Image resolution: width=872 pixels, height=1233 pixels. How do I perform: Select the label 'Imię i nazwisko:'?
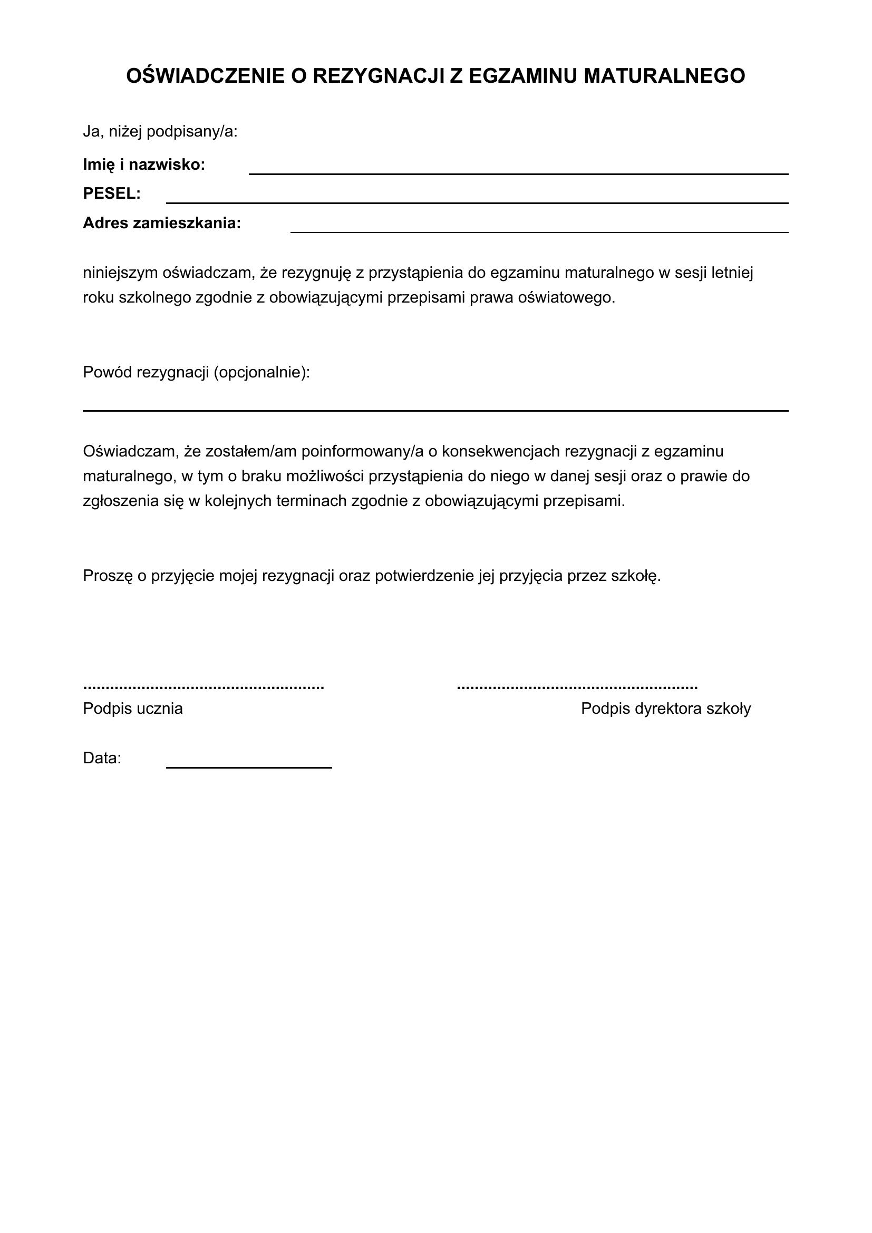144,165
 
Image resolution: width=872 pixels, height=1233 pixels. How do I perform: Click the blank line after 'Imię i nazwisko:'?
518,173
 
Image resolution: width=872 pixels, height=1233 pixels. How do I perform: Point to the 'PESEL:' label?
112,194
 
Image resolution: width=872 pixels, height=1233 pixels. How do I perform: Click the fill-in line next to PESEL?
477,202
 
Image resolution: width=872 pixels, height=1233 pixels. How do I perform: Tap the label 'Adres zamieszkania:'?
162,223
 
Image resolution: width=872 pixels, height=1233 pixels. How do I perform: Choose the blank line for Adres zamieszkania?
539,231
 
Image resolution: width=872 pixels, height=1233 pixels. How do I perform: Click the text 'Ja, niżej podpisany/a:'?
160,132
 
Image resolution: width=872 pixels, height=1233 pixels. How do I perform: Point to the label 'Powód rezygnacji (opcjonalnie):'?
197,372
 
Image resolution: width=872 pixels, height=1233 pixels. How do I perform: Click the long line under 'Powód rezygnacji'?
435,410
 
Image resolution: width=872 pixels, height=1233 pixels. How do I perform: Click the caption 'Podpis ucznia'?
133,709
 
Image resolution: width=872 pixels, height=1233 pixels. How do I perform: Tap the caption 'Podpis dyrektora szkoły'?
666,709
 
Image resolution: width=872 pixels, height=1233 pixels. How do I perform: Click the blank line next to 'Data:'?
249,768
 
